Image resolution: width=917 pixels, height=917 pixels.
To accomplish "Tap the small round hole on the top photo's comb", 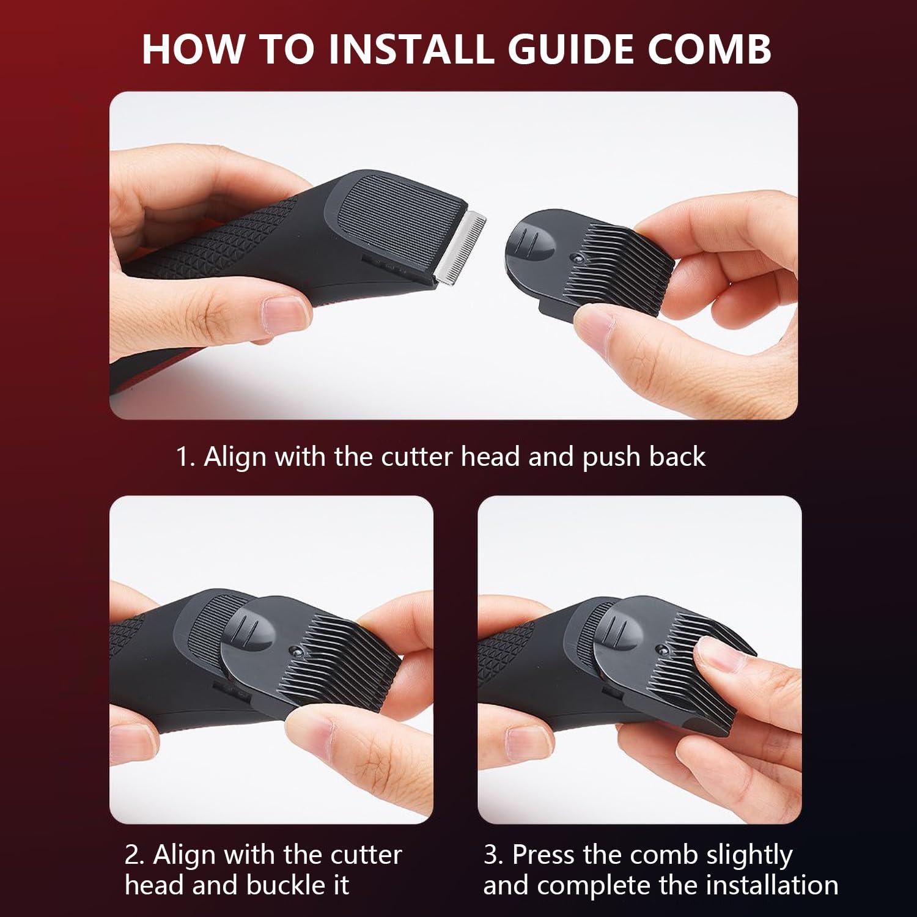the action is click(575, 260).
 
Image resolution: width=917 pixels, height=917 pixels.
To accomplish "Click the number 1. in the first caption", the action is click(185, 457).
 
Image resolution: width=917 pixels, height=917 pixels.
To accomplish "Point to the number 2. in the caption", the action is click(134, 855).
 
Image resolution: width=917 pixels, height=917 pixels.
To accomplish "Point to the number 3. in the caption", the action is click(493, 855).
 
